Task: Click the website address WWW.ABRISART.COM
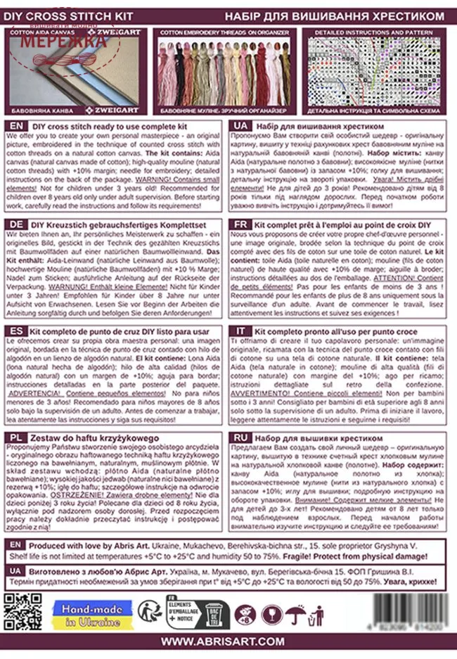click(x=223, y=641)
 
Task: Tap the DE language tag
click(x=15, y=224)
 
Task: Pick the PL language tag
click(x=15, y=437)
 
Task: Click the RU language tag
click(x=240, y=437)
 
